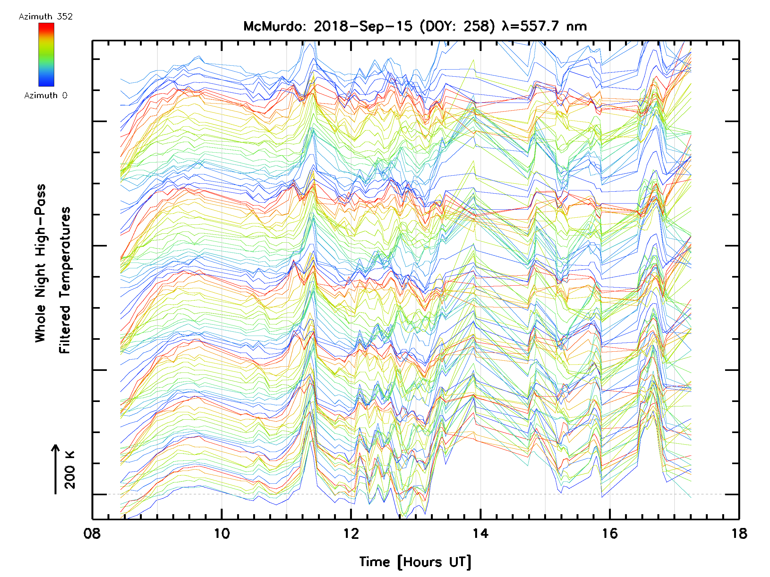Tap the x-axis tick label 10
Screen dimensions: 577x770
(222, 533)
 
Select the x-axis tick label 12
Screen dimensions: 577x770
(351, 533)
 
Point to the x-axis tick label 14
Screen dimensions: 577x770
(480, 533)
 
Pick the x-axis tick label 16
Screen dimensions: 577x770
(610, 533)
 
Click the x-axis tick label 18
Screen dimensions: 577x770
(739, 533)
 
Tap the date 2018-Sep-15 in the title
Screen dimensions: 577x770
(363, 26)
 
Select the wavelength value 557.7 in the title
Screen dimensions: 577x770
(541, 26)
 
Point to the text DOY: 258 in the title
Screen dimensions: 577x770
(457, 26)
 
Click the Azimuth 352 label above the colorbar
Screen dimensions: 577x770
(46, 17)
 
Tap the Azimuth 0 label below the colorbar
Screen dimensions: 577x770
(46, 95)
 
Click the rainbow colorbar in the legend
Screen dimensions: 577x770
(46, 54)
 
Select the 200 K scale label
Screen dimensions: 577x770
(70, 470)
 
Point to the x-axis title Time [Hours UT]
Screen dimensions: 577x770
(415, 562)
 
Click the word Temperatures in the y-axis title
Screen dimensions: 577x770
(65, 253)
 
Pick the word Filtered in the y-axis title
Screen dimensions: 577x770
(65, 329)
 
